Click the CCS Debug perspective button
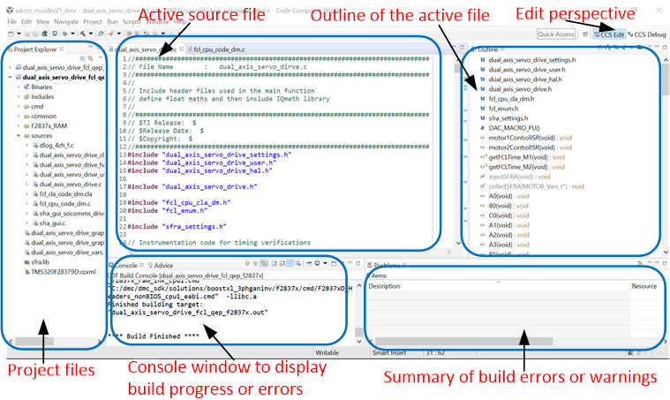coord(645,34)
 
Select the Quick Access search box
coord(556,34)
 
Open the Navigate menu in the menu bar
coord(65,20)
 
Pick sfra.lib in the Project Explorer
coord(40,262)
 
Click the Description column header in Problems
coord(385,286)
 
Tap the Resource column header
coord(644,286)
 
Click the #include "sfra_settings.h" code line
coord(177,226)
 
